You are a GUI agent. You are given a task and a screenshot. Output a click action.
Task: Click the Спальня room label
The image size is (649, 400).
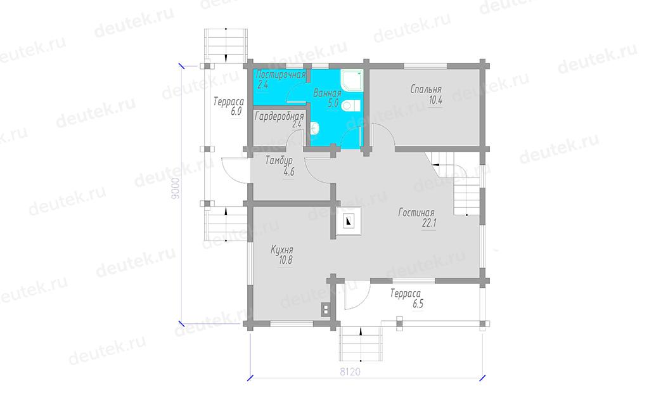(426, 89)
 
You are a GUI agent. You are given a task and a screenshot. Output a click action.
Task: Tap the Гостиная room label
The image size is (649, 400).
(416, 213)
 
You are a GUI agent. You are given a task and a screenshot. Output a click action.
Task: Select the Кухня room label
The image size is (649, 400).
(282, 250)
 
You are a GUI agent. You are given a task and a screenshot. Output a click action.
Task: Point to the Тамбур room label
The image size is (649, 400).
(279, 160)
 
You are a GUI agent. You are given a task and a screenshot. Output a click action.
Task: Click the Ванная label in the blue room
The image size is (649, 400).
(327, 93)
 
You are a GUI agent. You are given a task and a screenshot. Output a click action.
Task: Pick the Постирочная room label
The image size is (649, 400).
(281, 75)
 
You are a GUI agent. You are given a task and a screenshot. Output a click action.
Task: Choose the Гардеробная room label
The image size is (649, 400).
(280, 117)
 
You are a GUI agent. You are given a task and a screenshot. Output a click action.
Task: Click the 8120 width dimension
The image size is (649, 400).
(350, 372)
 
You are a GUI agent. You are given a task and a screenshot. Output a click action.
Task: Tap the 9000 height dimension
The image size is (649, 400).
(176, 189)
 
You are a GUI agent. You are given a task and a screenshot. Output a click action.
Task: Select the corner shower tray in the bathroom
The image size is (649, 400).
(351, 81)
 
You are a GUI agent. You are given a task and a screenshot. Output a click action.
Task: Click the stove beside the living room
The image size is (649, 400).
(348, 221)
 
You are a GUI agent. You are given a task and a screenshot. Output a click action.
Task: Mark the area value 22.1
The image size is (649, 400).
(429, 224)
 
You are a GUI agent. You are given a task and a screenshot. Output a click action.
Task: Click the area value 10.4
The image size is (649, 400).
(435, 100)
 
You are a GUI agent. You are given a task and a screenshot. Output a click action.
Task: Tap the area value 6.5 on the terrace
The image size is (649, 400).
(418, 304)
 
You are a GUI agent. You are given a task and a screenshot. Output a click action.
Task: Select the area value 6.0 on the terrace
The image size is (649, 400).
(236, 112)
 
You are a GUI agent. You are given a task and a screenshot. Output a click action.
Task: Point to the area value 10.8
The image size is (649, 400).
(286, 261)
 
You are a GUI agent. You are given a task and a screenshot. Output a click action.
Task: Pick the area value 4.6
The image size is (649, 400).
(288, 171)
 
